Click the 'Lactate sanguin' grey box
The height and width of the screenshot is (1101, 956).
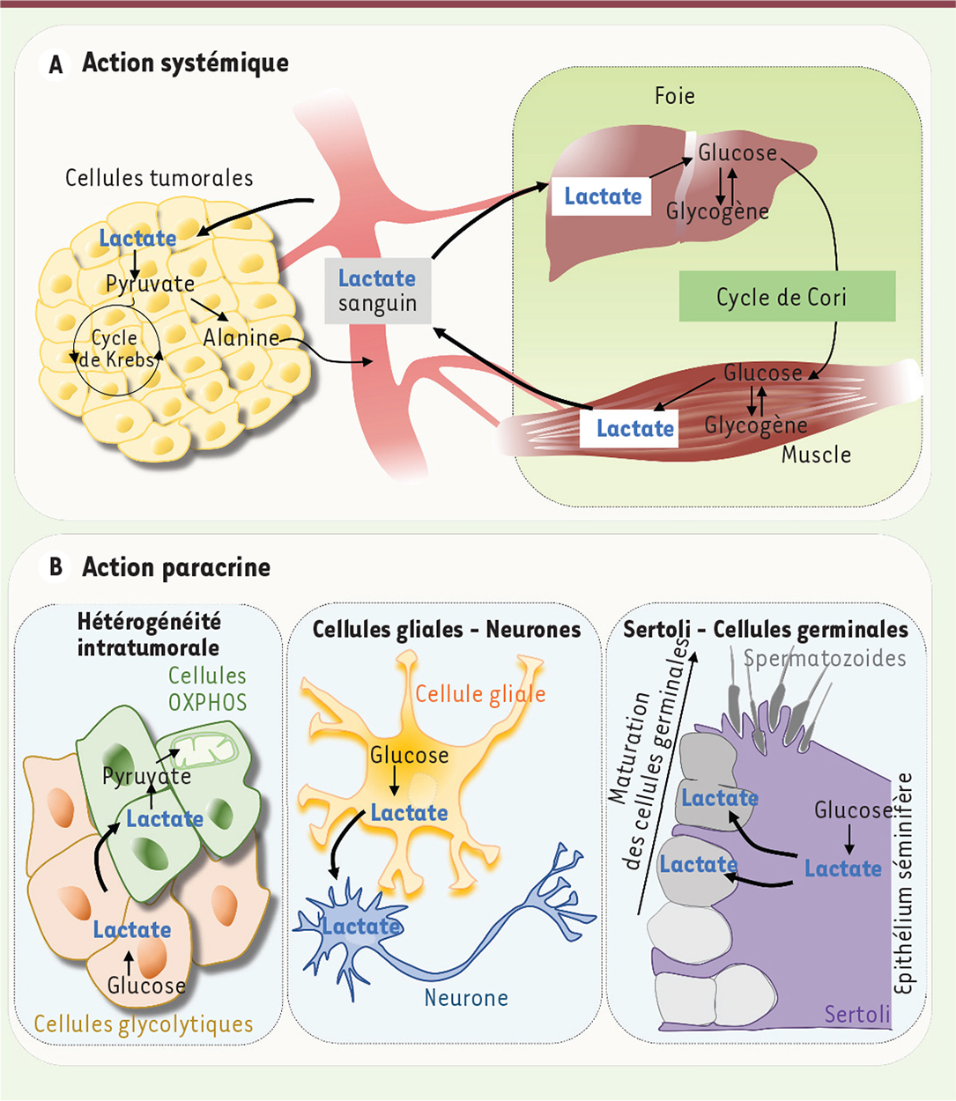click(x=377, y=291)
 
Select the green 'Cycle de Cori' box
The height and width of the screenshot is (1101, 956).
click(x=787, y=297)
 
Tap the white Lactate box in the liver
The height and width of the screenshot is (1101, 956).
click(x=602, y=196)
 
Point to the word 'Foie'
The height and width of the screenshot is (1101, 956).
click(x=675, y=95)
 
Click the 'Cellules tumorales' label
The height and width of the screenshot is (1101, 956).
click(x=159, y=178)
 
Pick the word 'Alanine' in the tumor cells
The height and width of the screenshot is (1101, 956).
click(x=241, y=337)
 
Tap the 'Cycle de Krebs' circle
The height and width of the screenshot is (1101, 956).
click(x=116, y=349)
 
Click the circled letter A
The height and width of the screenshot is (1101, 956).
click(x=56, y=64)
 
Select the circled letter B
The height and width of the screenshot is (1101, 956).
click(x=56, y=567)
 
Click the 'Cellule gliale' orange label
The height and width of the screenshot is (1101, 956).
click(x=480, y=694)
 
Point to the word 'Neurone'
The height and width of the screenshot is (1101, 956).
click(x=466, y=998)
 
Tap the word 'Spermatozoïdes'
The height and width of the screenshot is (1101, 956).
click(x=824, y=658)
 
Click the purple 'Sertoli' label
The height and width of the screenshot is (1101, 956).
click(x=857, y=1015)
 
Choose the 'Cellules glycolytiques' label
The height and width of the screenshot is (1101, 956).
click(x=144, y=1024)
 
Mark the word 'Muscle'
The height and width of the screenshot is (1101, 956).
click(x=816, y=454)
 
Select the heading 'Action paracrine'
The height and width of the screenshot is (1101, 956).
click(x=176, y=567)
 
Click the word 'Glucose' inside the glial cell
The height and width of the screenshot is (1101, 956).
click(x=409, y=755)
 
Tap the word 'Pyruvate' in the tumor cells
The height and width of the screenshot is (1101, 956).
click(x=150, y=284)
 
